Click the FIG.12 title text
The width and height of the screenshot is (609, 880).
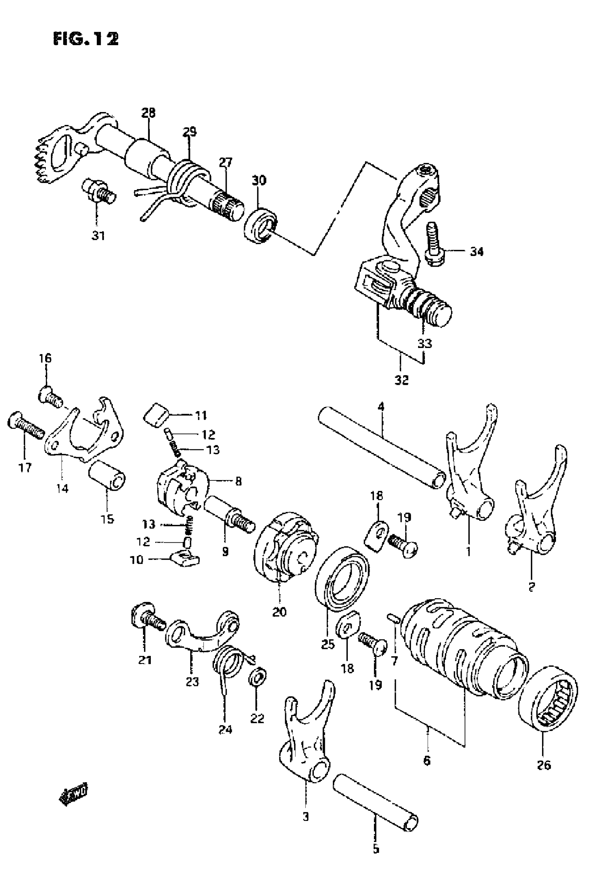point(86,39)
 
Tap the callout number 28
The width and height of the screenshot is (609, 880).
point(148,113)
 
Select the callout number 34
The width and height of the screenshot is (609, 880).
point(476,252)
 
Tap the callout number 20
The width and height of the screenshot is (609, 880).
point(279,612)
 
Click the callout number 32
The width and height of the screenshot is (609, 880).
point(402,380)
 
